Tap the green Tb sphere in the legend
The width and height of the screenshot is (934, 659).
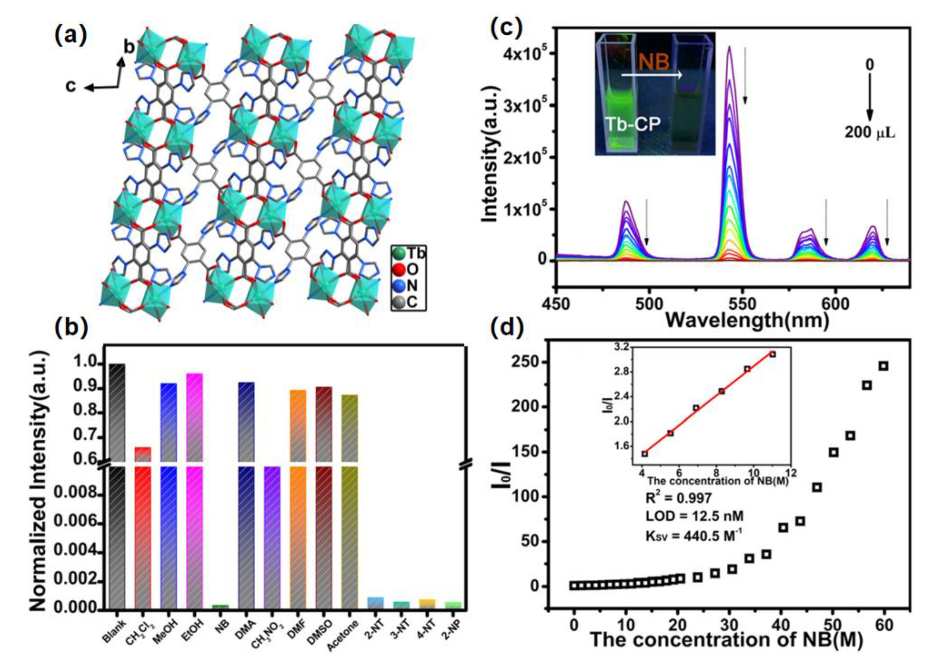pyautogui.click(x=400, y=253)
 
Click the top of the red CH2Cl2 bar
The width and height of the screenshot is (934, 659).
pyautogui.click(x=143, y=448)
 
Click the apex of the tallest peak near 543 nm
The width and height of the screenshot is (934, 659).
pyautogui.click(x=729, y=47)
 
